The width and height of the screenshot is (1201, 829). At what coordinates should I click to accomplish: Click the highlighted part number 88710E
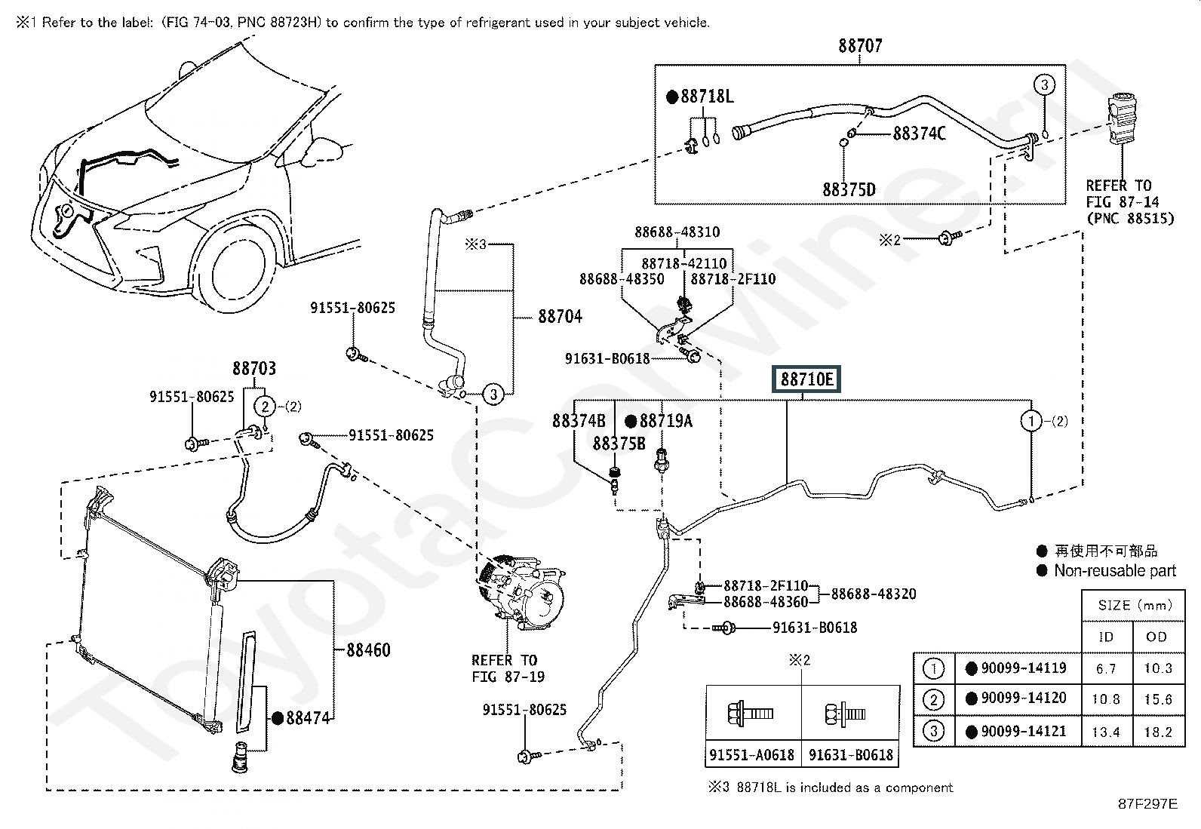tap(807, 379)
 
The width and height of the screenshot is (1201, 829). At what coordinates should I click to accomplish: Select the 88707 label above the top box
tap(860, 46)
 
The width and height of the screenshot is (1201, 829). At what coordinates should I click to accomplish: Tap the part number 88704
tap(560, 317)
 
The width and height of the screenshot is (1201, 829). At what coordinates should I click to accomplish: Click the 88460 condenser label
tap(368, 650)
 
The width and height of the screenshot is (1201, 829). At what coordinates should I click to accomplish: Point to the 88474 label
tap(308, 719)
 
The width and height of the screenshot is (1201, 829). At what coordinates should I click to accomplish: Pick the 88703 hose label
tap(254, 369)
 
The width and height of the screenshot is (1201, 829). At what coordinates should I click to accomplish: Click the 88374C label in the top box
tap(919, 134)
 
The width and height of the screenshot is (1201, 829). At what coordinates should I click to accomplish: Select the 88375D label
tap(849, 189)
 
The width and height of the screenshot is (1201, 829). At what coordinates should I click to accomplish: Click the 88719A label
tap(665, 421)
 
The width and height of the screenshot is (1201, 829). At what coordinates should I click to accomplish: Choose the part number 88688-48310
tap(677, 232)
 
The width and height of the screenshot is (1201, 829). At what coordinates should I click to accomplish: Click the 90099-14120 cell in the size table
tap(1024, 699)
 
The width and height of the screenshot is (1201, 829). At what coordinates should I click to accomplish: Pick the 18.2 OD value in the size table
tap(1157, 732)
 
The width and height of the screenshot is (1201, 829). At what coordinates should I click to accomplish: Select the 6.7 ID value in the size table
tap(1106, 668)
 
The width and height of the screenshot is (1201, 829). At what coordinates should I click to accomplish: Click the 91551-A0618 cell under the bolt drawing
tap(752, 754)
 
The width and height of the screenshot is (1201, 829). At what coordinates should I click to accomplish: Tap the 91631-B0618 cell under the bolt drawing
tap(851, 754)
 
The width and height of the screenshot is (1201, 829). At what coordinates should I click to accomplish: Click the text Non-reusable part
tap(1115, 571)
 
